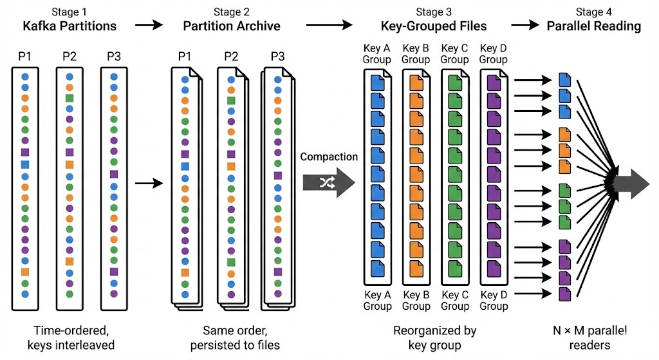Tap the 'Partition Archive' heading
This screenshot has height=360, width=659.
pyautogui.click(x=232, y=26)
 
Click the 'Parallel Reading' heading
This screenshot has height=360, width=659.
pyautogui.click(x=594, y=26)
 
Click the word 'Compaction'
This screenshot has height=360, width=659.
pyautogui.click(x=328, y=156)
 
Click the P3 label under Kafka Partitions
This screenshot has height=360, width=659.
pyautogui.click(x=114, y=57)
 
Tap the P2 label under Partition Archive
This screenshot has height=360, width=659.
pyautogui.click(x=231, y=57)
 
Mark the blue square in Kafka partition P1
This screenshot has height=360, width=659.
pyautogui.click(x=25, y=165)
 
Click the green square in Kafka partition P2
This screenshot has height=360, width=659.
pyautogui.click(x=70, y=99)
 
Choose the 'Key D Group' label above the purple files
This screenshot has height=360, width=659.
pyautogui.click(x=494, y=54)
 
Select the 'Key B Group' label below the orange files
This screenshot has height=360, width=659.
pyautogui.click(x=416, y=301)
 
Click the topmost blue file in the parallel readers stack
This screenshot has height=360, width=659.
pyautogui.click(x=565, y=80)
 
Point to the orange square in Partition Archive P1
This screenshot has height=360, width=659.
pyautogui.click(x=185, y=273)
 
